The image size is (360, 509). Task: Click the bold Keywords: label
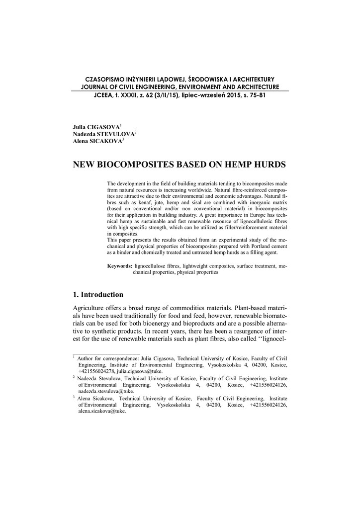[120, 266]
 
